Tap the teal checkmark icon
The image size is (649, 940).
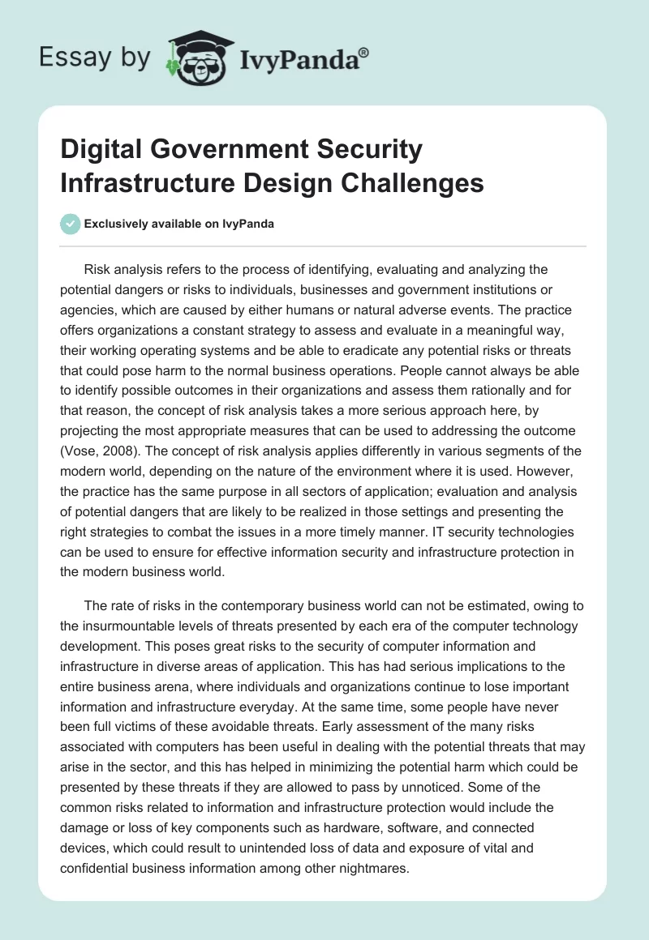(x=71, y=224)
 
